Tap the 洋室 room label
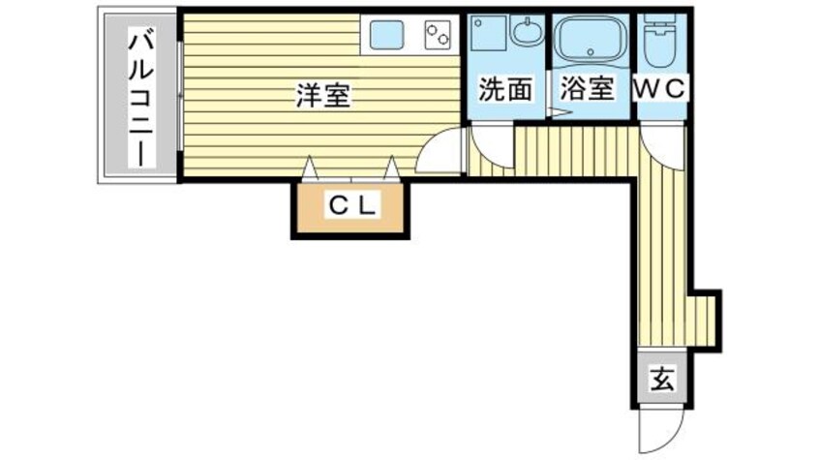click(323, 96)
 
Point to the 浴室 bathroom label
click(588, 89)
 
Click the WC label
click(661, 88)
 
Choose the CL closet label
click(351, 205)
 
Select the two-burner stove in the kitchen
click(437, 36)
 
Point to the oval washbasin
click(528, 35)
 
